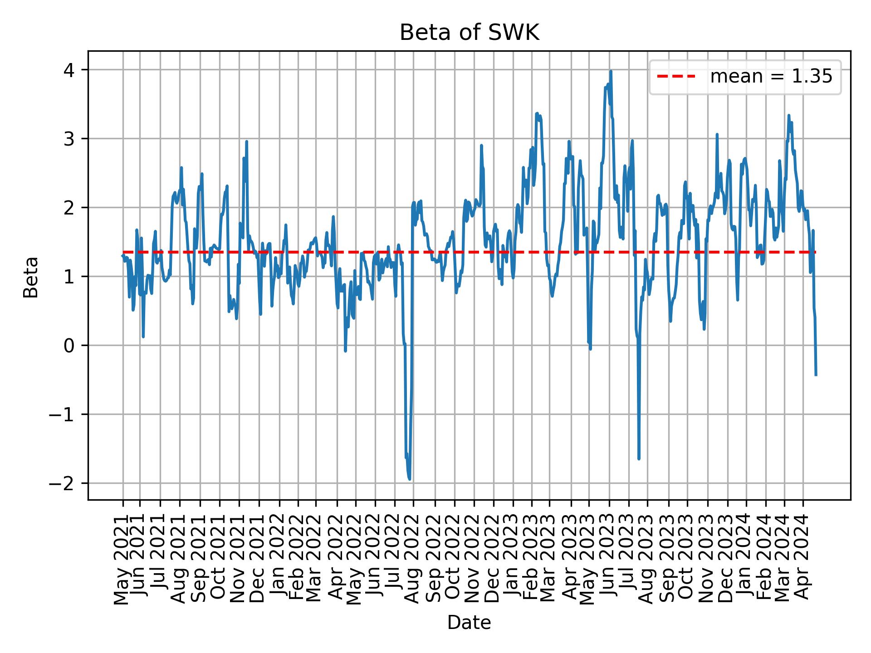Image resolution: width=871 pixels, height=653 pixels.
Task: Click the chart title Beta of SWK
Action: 469,33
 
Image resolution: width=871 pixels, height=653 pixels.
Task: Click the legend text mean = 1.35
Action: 771,77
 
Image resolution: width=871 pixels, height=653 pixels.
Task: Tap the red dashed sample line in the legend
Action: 676,77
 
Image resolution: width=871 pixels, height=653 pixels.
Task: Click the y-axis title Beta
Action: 31,277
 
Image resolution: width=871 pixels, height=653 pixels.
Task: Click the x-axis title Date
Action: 469,623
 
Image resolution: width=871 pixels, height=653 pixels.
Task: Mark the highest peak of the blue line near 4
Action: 611,72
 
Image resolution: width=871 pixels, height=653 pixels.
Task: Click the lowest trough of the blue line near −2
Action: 410,479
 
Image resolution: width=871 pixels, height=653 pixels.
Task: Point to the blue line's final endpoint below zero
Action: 816,375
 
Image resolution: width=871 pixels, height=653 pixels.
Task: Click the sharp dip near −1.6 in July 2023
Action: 639,458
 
